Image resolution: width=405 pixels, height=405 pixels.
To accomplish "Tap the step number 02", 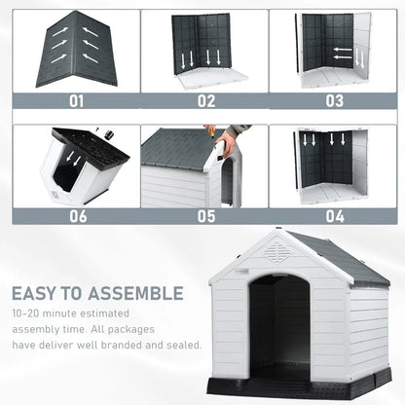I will pos(206,99).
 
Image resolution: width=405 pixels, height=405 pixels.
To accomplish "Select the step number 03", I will pos(334,99).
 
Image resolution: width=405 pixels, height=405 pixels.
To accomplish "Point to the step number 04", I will pos(334,216).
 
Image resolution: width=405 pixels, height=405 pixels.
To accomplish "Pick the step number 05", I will pos(206,216).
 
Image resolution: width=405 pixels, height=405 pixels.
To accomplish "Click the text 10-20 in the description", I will pos(27,315).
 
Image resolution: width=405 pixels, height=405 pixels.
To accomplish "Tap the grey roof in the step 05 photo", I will pos(177,146).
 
